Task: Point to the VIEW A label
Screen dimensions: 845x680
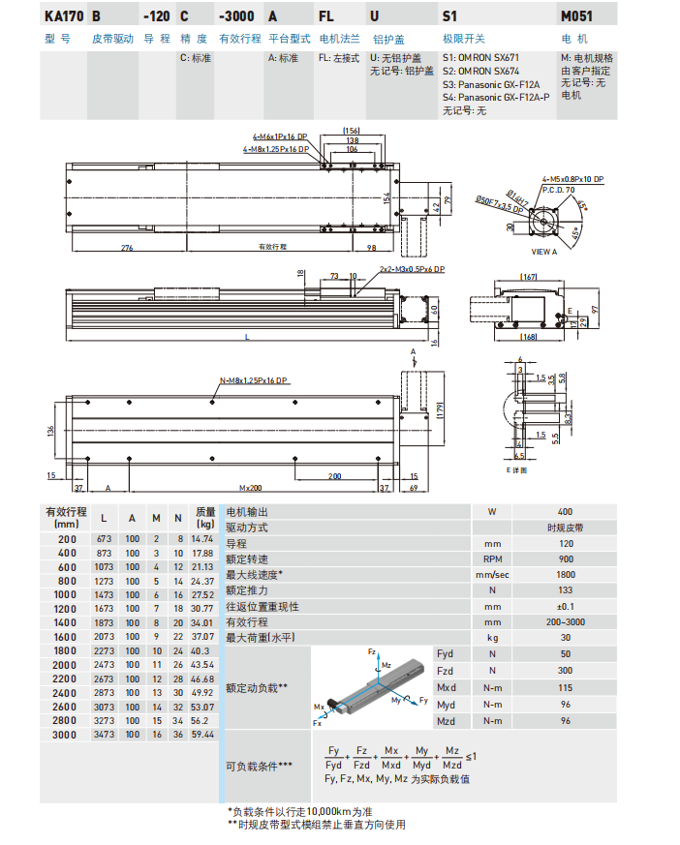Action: point(545,251)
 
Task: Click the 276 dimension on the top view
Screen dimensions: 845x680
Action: point(126,249)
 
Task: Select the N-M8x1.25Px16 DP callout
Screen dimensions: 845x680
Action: point(255,380)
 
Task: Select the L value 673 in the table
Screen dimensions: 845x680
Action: point(103,537)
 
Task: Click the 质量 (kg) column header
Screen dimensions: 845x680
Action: point(204,517)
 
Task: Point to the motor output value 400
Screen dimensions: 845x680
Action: point(566,511)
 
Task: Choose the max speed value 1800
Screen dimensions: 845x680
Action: point(566,575)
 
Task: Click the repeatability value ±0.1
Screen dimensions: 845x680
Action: point(566,606)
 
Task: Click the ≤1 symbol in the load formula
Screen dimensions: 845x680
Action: point(471,756)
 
